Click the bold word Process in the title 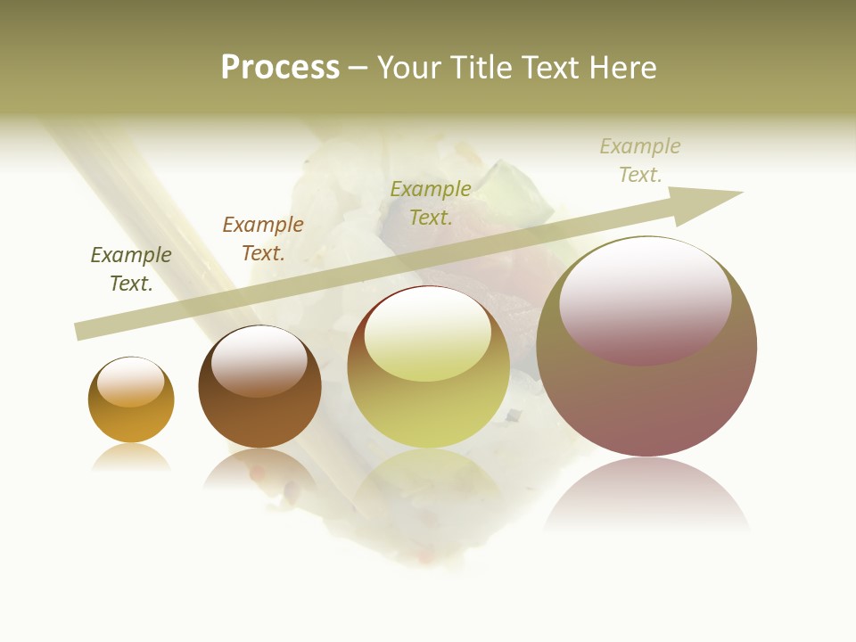pyautogui.click(x=280, y=68)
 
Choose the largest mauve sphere pyautogui.click(x=646, y=401)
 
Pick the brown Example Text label pyautogui.click(x=263, y=239)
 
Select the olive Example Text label pyautogui.click(x=431, y=202)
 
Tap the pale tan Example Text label pyautogui.click(x=640, y=160)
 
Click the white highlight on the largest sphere pyautogui.click(x=646, y=299)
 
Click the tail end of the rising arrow pyautogui.click(x=86, y=330)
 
